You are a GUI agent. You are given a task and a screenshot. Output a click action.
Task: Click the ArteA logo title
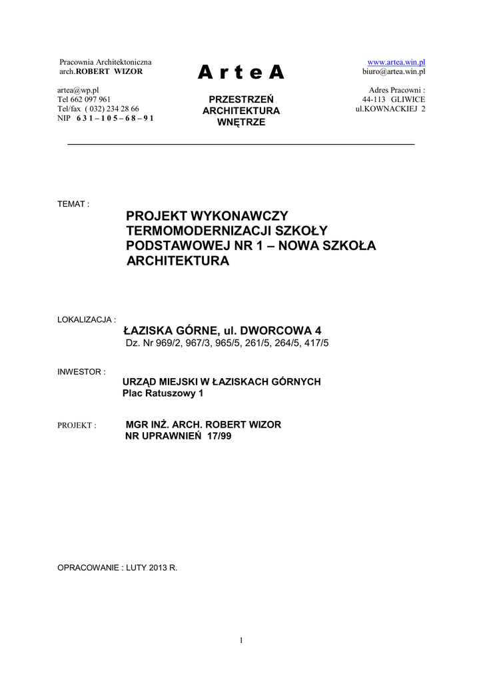click(241, 73)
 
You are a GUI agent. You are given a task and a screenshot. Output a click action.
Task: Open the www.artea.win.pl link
click(396, 62)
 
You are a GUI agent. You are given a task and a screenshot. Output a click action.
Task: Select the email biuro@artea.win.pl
click(393, 71)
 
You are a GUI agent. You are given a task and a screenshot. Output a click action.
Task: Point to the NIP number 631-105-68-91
click(115, 118)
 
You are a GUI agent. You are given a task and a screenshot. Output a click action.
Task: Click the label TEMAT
click(73, 203)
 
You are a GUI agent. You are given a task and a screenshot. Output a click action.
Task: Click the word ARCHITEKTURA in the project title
click(178, 261)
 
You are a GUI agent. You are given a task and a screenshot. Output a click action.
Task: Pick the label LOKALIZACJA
click(87, 319)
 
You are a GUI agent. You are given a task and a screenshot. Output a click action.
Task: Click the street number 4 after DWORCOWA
click(318, 331)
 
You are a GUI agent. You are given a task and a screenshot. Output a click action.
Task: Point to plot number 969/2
click(165, 343)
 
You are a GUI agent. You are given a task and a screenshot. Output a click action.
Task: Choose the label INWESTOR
click(81, 372)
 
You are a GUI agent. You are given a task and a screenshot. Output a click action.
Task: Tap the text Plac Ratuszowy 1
click(163, 394)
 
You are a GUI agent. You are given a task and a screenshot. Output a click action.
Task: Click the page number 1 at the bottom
click(241, 641)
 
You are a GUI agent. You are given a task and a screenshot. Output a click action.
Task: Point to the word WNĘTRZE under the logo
click(241, 122)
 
